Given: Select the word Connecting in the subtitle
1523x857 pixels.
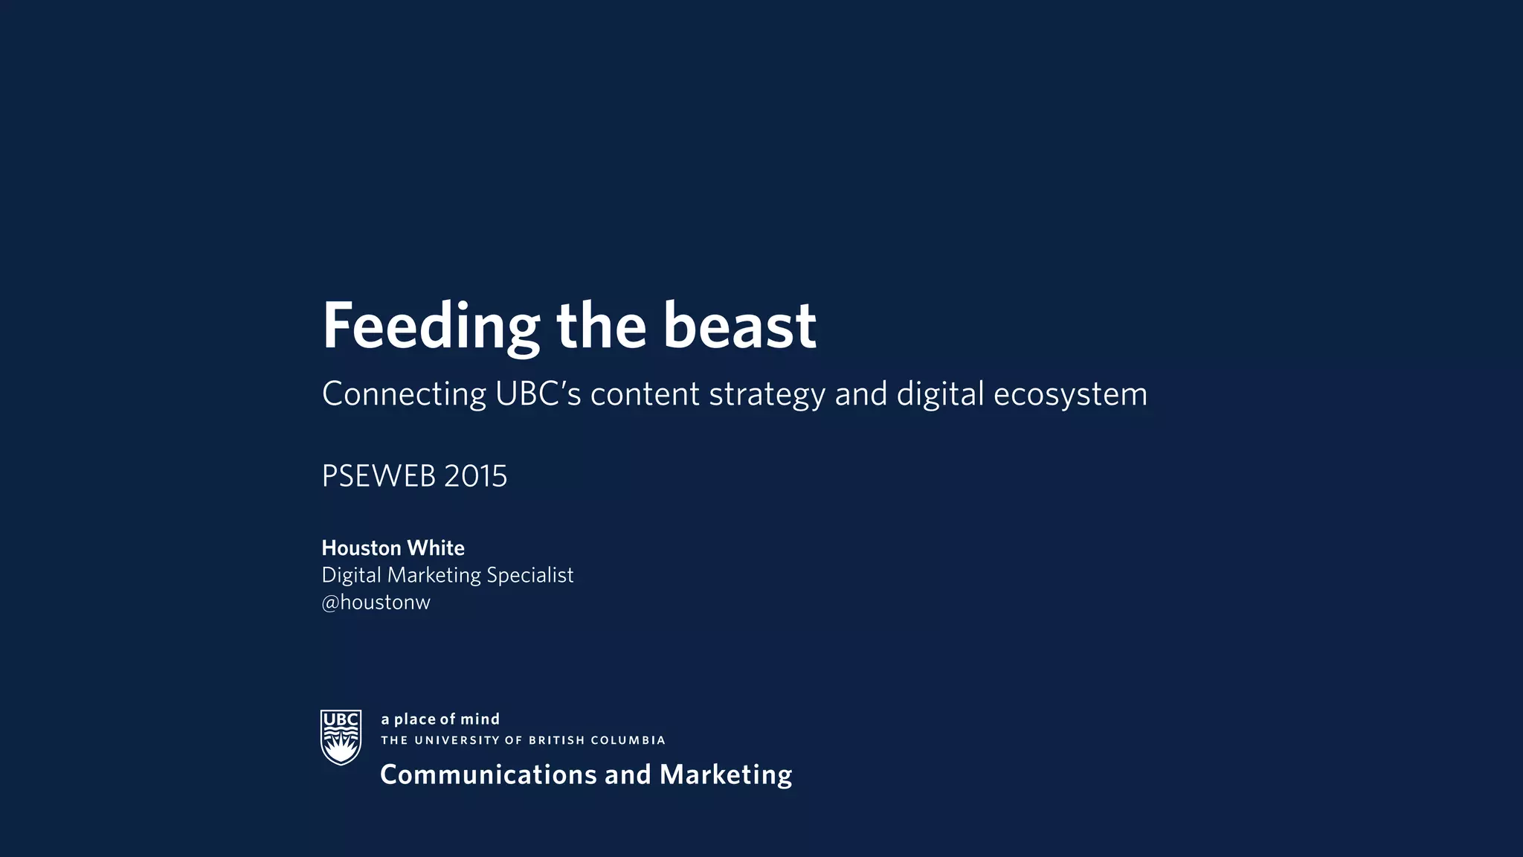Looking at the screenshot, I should pos(404,394).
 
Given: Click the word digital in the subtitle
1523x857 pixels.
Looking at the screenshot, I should pos(940,394).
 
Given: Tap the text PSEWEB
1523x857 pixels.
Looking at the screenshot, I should pos(378,476).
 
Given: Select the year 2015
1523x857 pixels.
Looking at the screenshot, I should pos(475,476).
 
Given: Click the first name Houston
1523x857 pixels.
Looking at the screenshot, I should pos(361,548).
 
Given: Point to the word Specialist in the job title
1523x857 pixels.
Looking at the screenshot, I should pos(529,576).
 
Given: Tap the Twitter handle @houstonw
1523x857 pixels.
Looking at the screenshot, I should pos(376,603).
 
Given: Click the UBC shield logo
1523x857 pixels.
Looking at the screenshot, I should pos(341,736).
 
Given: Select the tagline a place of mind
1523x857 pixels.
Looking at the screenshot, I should pos(440,719).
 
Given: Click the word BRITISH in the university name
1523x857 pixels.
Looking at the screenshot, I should pos(556,740).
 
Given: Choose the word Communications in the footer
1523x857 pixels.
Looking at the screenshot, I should pos(489,775).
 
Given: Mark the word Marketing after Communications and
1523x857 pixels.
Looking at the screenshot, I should pos(726,775).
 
